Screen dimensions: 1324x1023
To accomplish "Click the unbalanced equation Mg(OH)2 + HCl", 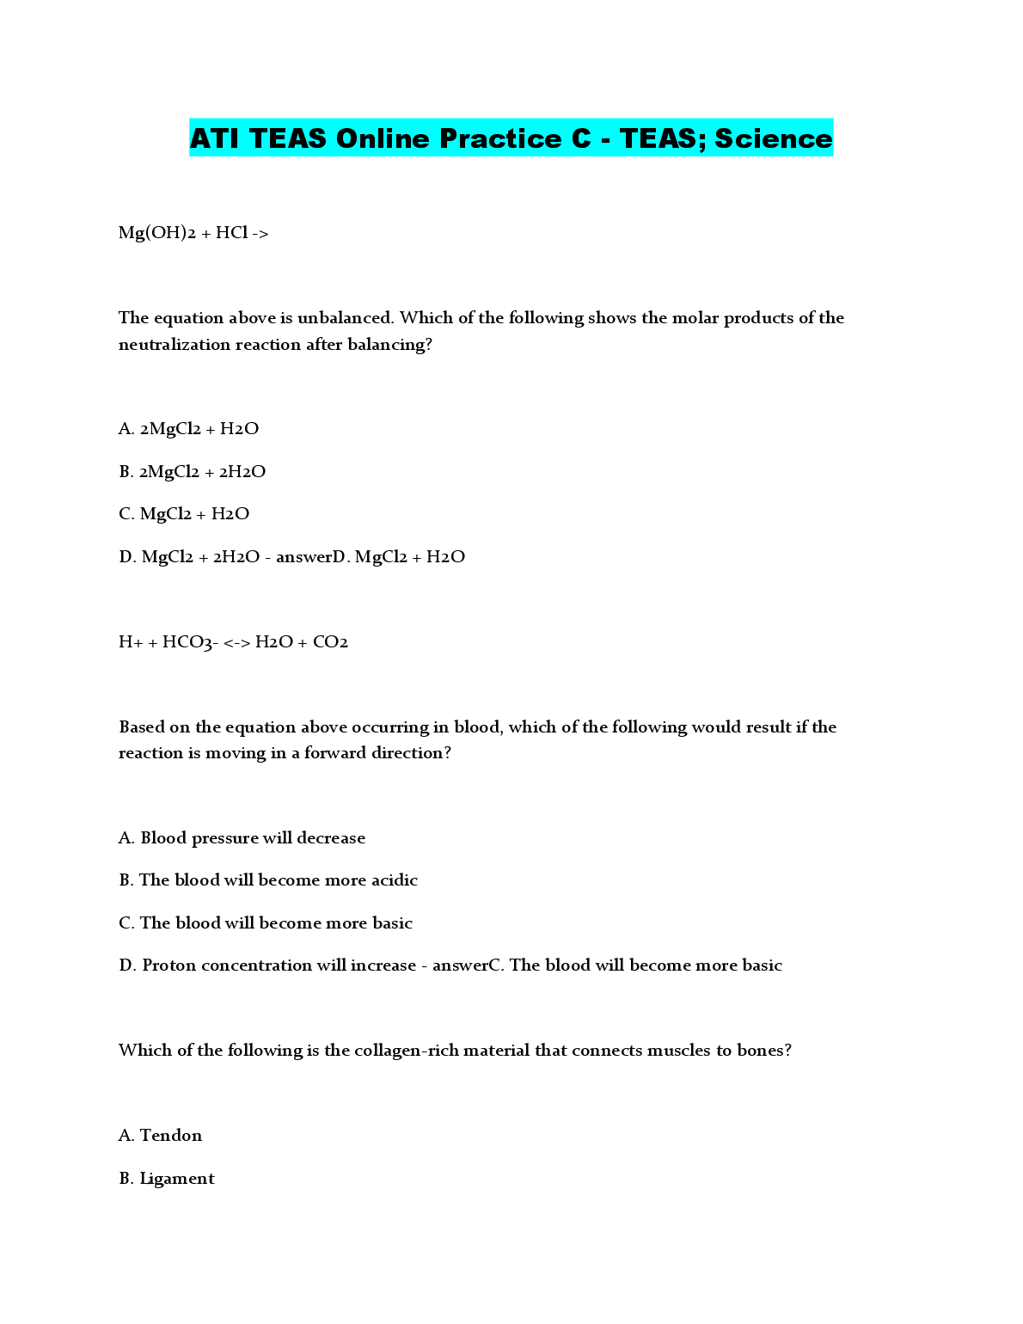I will (193, 233).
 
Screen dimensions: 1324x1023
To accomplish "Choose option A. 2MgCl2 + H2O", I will (188, 429).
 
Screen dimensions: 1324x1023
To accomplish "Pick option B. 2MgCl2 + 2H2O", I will (192, 472).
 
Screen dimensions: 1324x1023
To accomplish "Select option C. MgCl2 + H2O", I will (184, 514).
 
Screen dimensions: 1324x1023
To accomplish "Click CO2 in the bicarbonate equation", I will (330, 642).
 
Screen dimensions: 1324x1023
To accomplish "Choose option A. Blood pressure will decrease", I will (242, 838).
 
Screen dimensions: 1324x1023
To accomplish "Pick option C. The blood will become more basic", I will (266, 923).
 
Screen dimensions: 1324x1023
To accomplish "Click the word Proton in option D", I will (168, 965).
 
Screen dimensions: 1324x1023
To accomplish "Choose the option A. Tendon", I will (161, 1136).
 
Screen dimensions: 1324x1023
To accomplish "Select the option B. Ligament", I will (167, 1179).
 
